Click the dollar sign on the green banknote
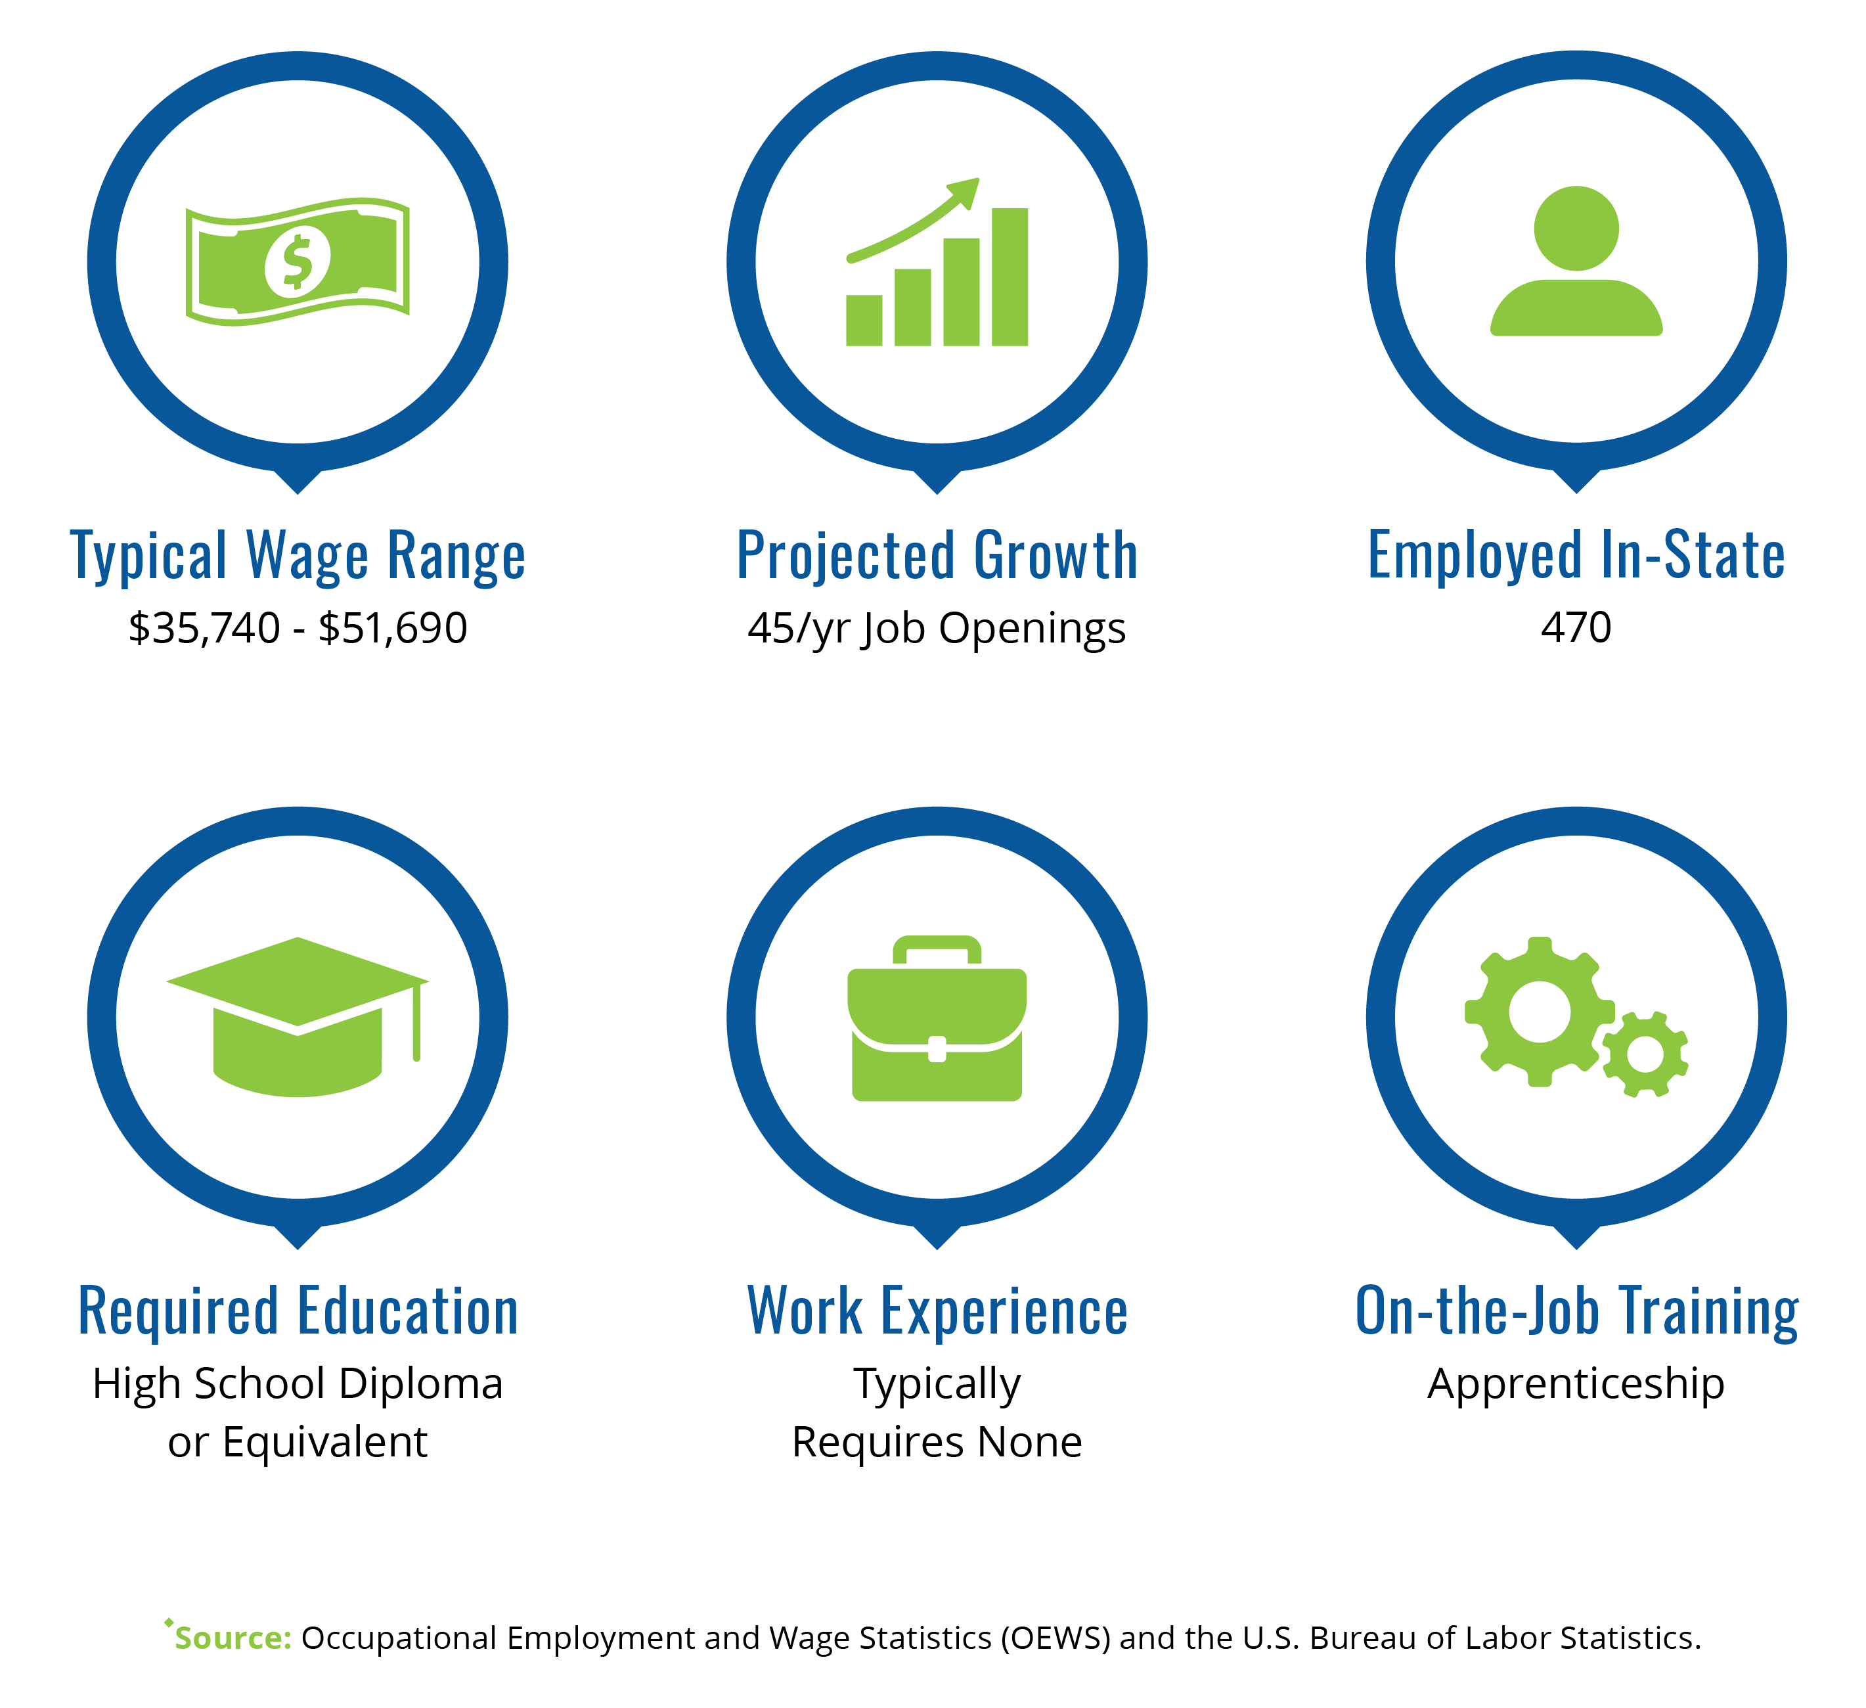tap(297, 263)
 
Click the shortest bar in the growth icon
tap(864, 321)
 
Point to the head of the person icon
tap(1576, 229)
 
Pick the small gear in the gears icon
tap(1645, 1054)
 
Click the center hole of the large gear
tap(1540, 1012)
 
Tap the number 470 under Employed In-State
tap(1576, 627)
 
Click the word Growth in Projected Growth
tap(1056, 556)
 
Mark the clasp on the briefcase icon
tap(937, 1049)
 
